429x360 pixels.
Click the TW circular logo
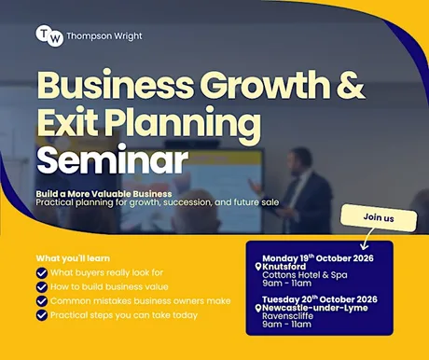[x=49, y=35]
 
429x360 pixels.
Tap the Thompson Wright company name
[x=104, y=36]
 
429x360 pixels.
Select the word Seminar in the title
[x=113, y=160]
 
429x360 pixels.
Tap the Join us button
[x=379, y=217]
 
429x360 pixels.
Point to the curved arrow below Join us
[x=367, y=239]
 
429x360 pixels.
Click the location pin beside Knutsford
[x=257, y=267]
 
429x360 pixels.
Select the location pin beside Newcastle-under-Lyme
[x=257, y=308]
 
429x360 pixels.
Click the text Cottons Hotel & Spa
[x=305, y=275]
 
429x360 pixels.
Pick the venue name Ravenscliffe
[x=287, y=316]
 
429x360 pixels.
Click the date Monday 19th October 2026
[x=318, y=258]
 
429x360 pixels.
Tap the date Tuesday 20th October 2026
[x=320, y=299]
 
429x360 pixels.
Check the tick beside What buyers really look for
[x=42, y=273]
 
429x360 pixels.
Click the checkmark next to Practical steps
[x=42, y=315]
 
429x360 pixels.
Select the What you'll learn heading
[x=73, y=258]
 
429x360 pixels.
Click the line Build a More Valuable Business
[x=104, y=194]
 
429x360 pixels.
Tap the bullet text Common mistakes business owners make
[x=141, y=301]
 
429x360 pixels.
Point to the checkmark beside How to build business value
[x=42, y=287]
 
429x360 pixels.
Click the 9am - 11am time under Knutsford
[x=286, y=284]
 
